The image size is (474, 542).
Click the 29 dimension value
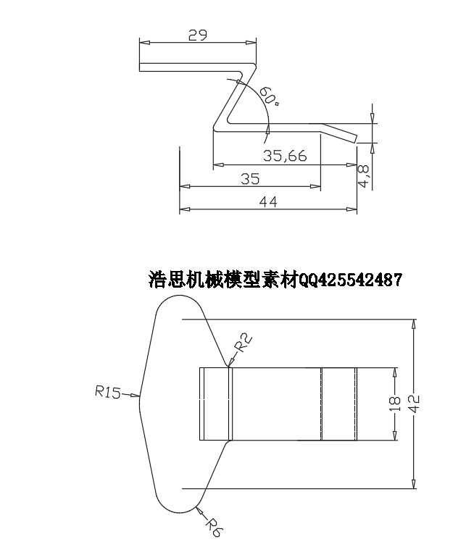point(198,35)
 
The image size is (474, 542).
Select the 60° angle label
point(270,96)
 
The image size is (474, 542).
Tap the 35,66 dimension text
point(285,156)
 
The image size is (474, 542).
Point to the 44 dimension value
point(268,202)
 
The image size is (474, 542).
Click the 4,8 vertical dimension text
point(364,176)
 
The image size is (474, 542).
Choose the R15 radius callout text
point(107,392)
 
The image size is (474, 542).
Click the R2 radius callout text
point(244,343)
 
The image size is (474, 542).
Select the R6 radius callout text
point(215,527)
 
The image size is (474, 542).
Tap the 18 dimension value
point(394,404)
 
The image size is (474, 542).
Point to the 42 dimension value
point(414,404)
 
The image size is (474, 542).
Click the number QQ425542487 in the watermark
point(350,279)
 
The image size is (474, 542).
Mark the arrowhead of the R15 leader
point(136,396)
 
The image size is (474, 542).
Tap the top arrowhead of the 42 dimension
point(414,324)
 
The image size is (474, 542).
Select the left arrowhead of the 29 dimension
point(144,43)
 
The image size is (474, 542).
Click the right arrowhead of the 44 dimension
point(352,209)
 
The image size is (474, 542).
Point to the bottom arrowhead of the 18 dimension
point(394,435)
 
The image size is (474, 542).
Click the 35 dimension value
point(250,179)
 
